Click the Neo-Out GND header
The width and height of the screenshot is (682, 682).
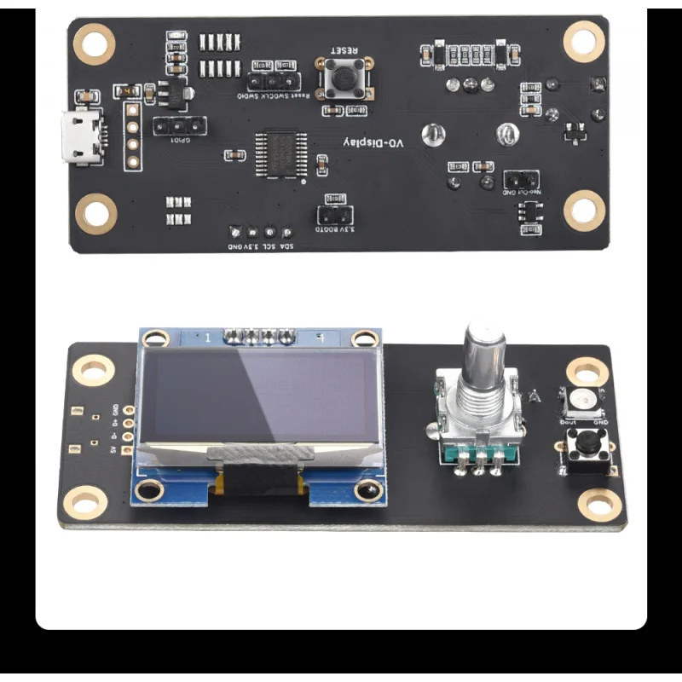pos(519,180)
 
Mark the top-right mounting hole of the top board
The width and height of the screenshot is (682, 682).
pos(584,39)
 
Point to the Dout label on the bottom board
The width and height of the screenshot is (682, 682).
pos(567,421)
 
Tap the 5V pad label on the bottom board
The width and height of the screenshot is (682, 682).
pos(114,451)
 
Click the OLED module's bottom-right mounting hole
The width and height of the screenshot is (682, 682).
pos(368,490)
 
